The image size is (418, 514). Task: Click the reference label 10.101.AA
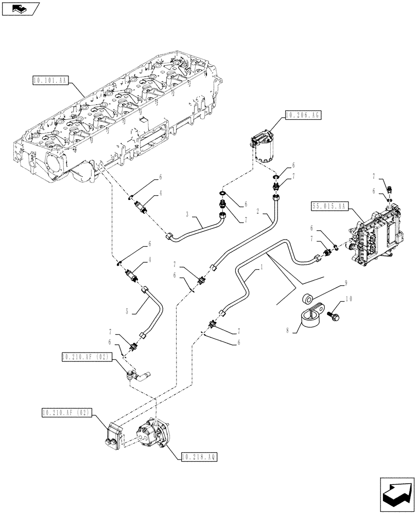point(50,80)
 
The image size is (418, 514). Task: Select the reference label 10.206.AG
point(302,116)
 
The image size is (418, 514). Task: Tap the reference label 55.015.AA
point(330,206)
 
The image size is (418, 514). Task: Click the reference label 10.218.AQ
point(199,456)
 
